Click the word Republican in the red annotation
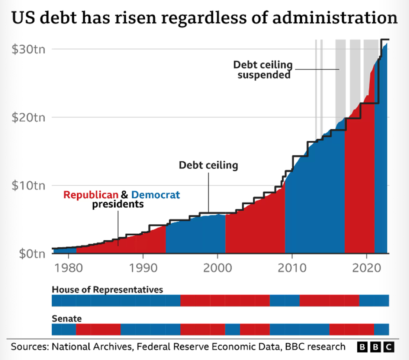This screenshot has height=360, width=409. click(x=91, y=195)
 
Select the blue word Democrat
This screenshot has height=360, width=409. click(x=156, y=195)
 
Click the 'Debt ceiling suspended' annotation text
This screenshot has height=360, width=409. click(x=263, y=70)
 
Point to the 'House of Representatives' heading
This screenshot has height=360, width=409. click(x=107, y=289)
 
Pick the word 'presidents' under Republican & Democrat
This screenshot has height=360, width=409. click(x=118, y=204)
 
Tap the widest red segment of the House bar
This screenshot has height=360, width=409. click(x=225, y=301)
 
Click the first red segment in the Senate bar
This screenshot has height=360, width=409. click(x=98, y=330)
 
